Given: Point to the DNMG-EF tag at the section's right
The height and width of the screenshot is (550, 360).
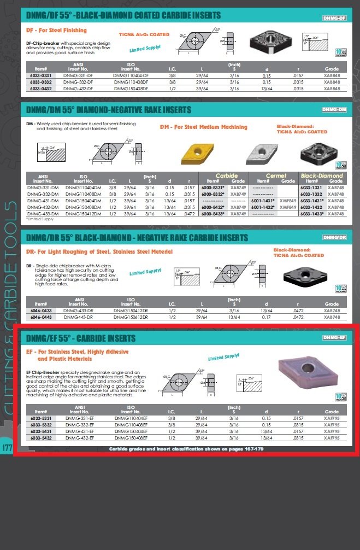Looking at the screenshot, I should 334,337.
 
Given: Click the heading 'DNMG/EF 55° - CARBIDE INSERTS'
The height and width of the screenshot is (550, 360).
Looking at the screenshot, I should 81,338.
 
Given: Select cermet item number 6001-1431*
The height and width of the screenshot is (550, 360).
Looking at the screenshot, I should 263,201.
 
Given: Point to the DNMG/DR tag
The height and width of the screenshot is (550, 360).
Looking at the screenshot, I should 334,237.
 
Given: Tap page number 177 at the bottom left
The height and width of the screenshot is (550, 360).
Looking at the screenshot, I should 8,448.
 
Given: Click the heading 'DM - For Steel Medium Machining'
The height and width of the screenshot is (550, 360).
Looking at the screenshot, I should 203,127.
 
